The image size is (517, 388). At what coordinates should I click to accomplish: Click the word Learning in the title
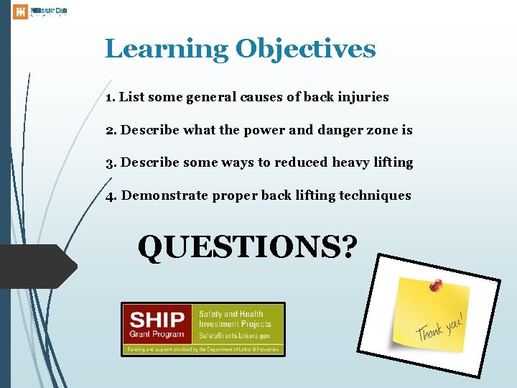coord(166,50)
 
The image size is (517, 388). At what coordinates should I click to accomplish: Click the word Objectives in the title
coord(305,50)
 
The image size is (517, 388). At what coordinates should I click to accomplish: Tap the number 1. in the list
coord(111,97)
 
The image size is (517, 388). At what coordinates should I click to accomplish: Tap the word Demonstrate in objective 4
coord(165,195)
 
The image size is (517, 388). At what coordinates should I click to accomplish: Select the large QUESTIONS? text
coord(248,246)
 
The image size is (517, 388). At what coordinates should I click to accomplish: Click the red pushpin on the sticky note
coord(434,285)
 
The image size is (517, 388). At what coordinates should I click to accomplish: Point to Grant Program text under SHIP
coord(156,334)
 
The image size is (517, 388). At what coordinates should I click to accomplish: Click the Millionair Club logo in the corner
coord(40,11)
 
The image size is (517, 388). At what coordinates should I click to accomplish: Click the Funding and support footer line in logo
coord(202,349)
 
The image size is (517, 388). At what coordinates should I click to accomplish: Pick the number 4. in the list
coord(111,195)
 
